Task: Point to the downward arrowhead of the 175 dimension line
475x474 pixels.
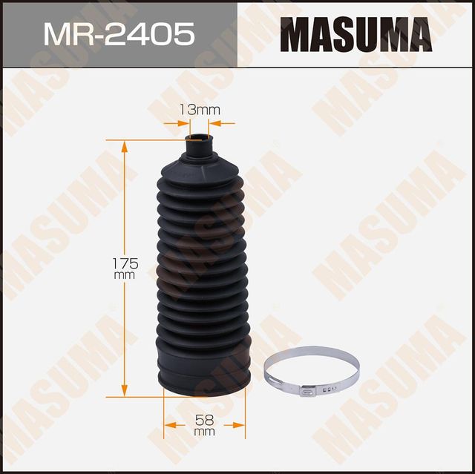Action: pos(124,390)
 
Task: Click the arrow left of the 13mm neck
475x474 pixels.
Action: pos(183,123)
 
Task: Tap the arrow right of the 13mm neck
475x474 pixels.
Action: pos(219,123)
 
